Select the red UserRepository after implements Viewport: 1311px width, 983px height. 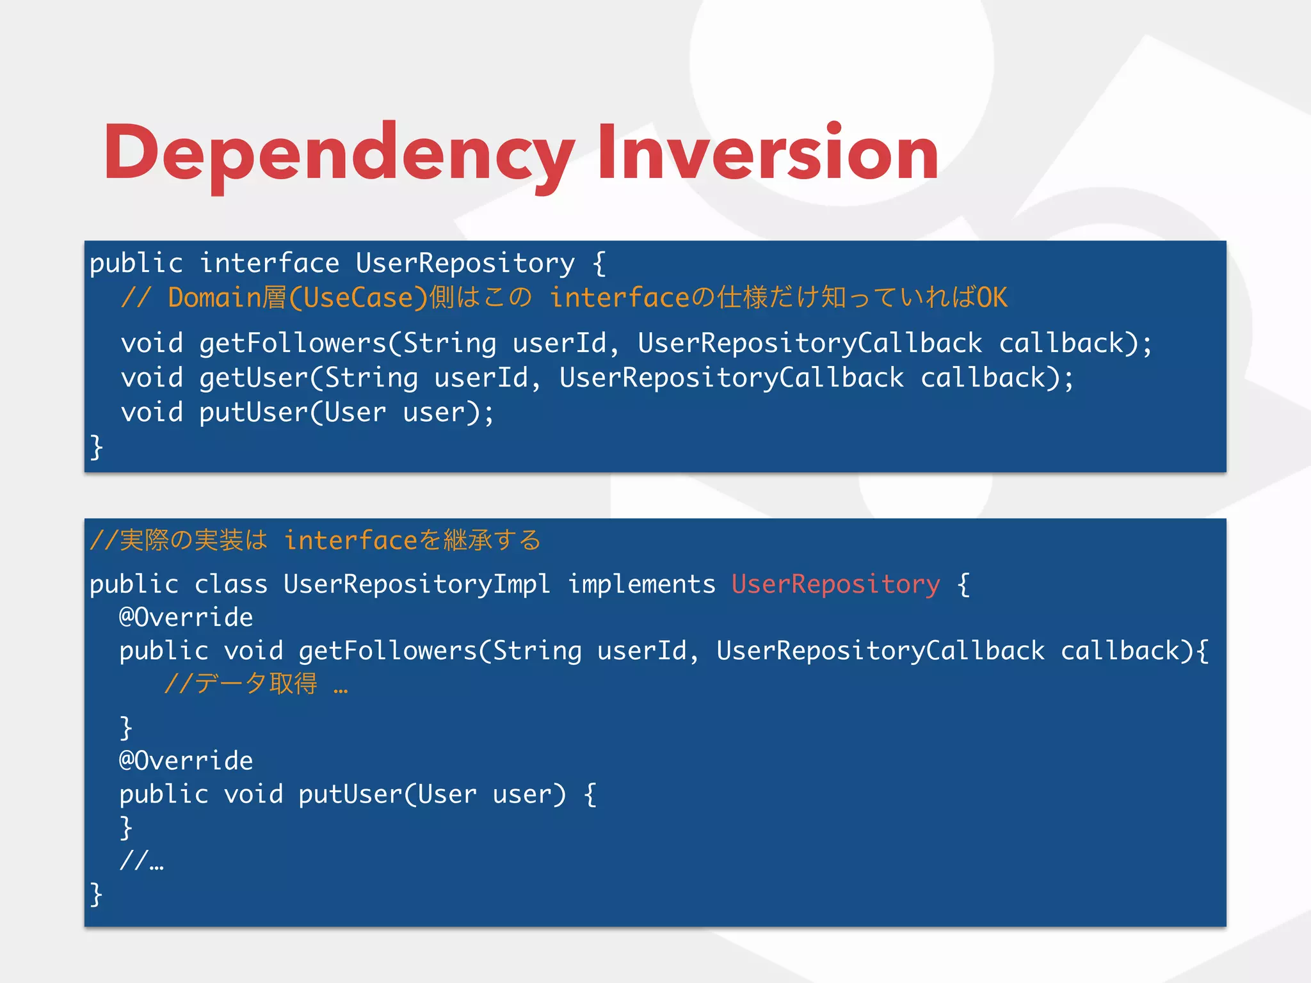(x=835, y=584)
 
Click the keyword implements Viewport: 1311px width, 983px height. (x=641, y=584)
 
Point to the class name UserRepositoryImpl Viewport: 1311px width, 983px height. (x=417, y=584)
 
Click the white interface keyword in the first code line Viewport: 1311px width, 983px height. (x=269, y=263)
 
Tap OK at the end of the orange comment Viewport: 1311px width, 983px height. (x=992, y=298)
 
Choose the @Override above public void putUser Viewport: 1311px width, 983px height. (x=186, y=760)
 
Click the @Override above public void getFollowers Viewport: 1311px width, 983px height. (x=186, y=617)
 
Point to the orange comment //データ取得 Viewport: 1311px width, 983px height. (x=241, y=683)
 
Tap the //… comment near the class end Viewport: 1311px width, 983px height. (x=141, y=860)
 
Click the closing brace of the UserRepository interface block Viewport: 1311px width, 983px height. (x=96, y=447)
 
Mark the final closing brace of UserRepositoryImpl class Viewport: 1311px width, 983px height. (x=96, y=894)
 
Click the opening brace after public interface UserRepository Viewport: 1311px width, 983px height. (x=599, y=263)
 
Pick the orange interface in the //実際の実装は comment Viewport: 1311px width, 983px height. (x=351, y=541)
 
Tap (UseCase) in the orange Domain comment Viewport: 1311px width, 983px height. (x=358, y=298)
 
